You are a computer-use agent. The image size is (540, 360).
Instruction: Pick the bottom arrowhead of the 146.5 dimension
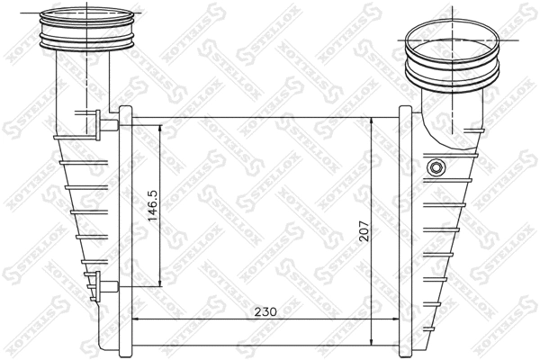(x=160, y=281)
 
